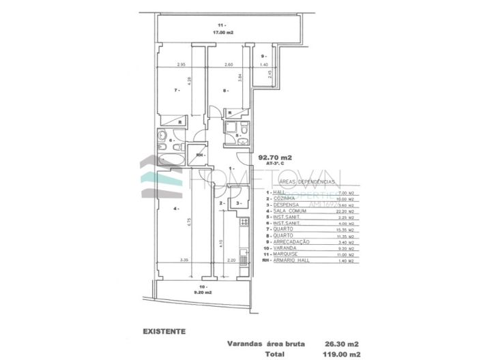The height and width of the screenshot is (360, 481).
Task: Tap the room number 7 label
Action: [176, 89]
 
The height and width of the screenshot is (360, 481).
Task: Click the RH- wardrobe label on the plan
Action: [199, 156]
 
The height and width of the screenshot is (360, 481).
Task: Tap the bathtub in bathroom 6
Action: [170, 157]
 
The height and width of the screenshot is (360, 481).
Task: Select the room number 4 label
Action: [175, 208]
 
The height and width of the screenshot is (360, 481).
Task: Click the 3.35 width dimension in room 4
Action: [184, 261]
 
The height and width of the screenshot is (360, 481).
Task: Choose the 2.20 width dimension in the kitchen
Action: [231, 261]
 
